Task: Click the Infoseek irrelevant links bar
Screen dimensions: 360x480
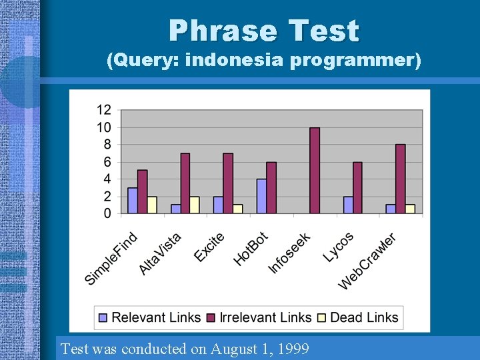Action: (x=315, y=171)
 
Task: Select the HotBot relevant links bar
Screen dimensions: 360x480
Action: (x=261, y=196)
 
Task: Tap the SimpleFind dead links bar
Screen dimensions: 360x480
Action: (x=152, y=205)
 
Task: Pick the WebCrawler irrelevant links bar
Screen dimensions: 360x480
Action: (x=400, y=179)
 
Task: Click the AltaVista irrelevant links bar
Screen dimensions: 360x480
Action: (x=185, y=183)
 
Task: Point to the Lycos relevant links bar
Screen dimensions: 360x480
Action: (x=348, y=205)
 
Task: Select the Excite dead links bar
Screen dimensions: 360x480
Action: (x=238, y=209)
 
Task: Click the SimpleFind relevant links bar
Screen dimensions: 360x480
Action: (x=133, y=201)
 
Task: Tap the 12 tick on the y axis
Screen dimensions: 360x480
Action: (x=104, y=110)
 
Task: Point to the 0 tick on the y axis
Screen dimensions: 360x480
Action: (x=107, y=213)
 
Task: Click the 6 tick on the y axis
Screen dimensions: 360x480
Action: (x=107, y=162)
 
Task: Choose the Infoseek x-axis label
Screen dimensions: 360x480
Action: (x=289, y=253)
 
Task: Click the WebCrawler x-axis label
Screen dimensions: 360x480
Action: (x=367, y=261)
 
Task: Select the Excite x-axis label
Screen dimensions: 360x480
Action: (x=209, y=247)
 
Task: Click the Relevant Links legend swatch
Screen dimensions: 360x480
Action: (x=103, y=318)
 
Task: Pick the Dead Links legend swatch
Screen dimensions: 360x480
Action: (x=322, y=318)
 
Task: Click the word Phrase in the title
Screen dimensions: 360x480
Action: (x=223, y=31)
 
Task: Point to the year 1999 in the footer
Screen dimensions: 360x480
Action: (x=293, y=349)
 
